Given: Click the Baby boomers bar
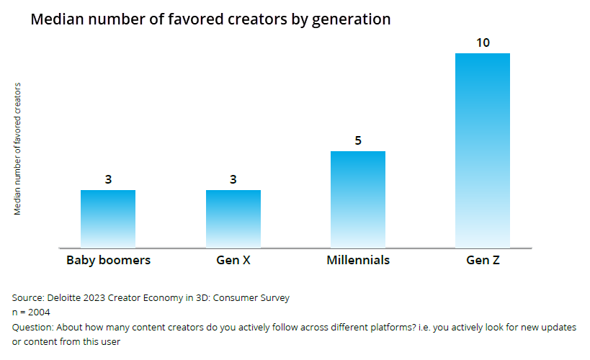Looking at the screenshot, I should point(108,219).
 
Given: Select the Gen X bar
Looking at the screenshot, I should point(233,219).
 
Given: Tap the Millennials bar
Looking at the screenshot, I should point(358,199).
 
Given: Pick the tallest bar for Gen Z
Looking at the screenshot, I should point(483,150).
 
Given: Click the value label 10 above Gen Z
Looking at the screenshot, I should point(483,43).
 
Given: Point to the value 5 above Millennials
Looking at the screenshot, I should point(358,141).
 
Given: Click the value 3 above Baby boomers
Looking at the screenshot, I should point(108,180).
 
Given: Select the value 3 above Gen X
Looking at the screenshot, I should point(233,180).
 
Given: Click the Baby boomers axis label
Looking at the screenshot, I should point(108,260).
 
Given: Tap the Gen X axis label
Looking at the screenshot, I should point(233,260).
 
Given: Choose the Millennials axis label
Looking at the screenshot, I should point(358,260).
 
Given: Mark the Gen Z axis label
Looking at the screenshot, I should point(483,260).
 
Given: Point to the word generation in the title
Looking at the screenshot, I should point(350,19).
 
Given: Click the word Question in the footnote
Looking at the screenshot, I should point(33,327).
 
